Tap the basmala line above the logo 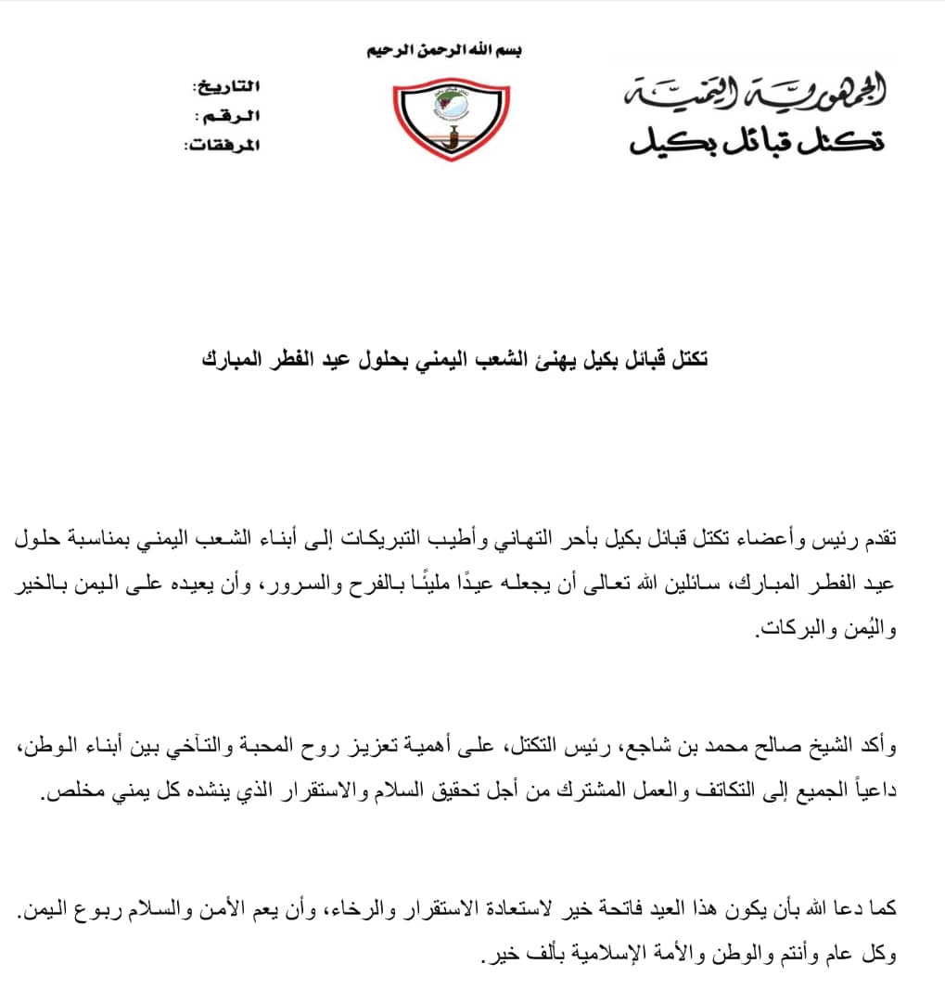445,50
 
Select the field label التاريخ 226,86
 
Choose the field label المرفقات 223,146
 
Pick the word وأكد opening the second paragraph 911,749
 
